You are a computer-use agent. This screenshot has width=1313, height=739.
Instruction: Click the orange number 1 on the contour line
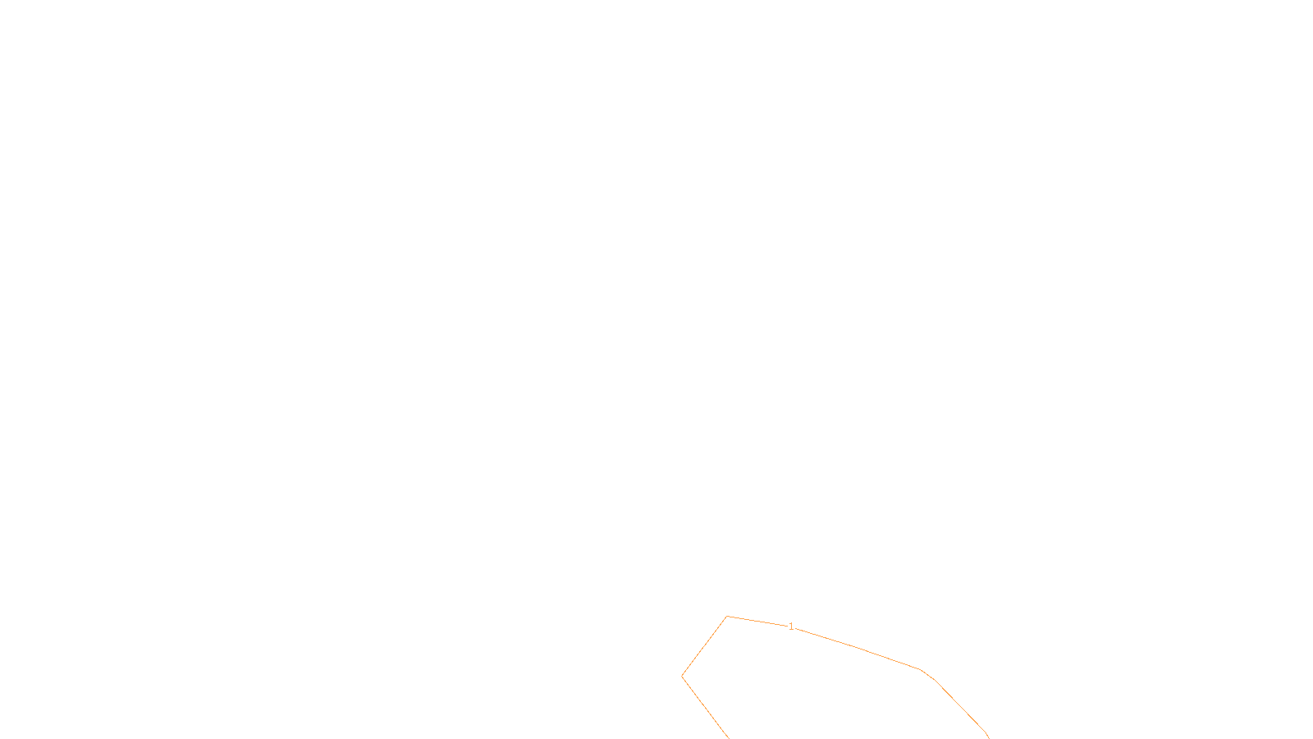pos(791,627)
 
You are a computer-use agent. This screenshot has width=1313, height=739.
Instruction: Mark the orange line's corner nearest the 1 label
pos(727,616)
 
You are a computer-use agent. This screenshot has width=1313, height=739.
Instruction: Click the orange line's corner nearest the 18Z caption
pos(682,677)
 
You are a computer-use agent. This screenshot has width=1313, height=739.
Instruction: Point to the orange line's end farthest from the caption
pos(989,737)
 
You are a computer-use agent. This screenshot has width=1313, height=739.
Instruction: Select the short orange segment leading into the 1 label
pos(757,621)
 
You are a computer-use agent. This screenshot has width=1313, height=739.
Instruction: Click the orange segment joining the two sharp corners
pos(704,646)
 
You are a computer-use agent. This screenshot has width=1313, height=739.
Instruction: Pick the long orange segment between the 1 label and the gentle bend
pos(858,648)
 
